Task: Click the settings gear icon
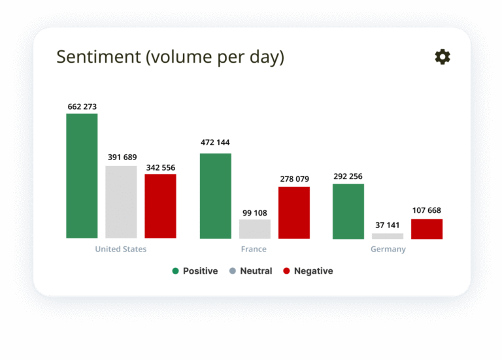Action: click(443, 57)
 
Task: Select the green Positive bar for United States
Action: click(82, 176)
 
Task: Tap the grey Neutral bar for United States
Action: click(121, 202)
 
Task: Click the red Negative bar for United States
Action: click(160, 206)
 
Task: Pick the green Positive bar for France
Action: click(216, 196)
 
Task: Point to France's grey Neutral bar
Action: click(255, 229)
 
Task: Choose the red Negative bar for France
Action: click(294, 212)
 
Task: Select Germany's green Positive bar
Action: click(348, 212)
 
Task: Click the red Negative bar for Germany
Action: click(427, 229)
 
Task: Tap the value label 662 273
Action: click(82, 106)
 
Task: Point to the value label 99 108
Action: click(255, 213)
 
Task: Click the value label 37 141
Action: click(388, 225)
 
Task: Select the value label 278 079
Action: click(295, 179)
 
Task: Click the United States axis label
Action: click(121, 249)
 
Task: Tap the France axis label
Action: click(254, 249)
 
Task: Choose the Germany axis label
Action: click(388, 250)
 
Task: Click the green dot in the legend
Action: click(175, 271)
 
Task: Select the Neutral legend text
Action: click(256, 271)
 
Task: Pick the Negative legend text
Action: click(314, 271)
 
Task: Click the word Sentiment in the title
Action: click(99, 57)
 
